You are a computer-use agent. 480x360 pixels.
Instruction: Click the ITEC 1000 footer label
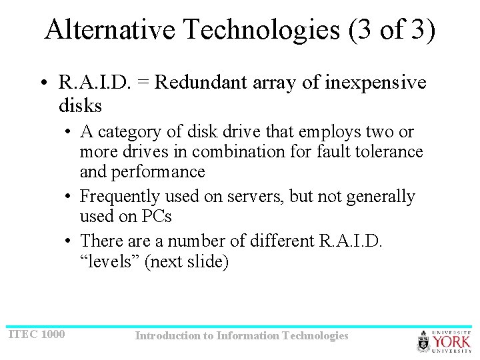(37, 333)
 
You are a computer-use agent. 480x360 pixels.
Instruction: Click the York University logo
(444, 341)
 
